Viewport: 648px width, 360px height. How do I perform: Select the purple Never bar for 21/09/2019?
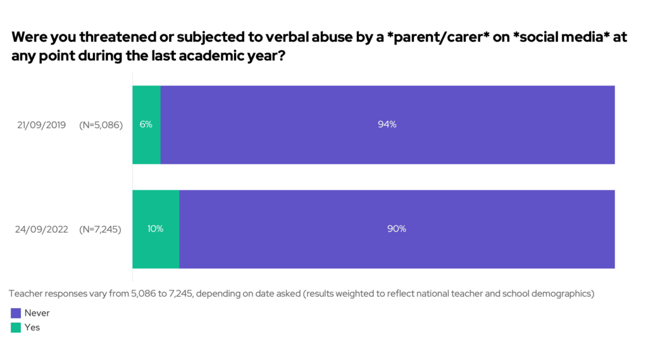[x=387, y=146]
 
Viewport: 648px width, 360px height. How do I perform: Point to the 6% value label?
[x=146, y=125]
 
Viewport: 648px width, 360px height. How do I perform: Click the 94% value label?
[x=387, y=125]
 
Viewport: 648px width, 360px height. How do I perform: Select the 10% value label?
[x=156, y=229]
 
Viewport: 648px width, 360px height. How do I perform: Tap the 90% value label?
[x=397, y=229]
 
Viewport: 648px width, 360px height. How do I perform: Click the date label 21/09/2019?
[x=41, y=125]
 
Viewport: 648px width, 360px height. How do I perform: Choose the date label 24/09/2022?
[x=41, y=229]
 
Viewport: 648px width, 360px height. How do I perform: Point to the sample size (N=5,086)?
[x=100, y=125]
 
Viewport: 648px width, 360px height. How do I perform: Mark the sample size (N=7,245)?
[x=100, y=229]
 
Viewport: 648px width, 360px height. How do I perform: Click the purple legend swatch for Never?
[x=16, y=313]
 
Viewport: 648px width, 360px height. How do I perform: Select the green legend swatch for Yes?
[x=16, y=328]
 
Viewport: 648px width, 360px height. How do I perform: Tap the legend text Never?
[x=37, y=313]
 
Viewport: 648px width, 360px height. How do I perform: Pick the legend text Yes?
[x=32, y=328]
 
